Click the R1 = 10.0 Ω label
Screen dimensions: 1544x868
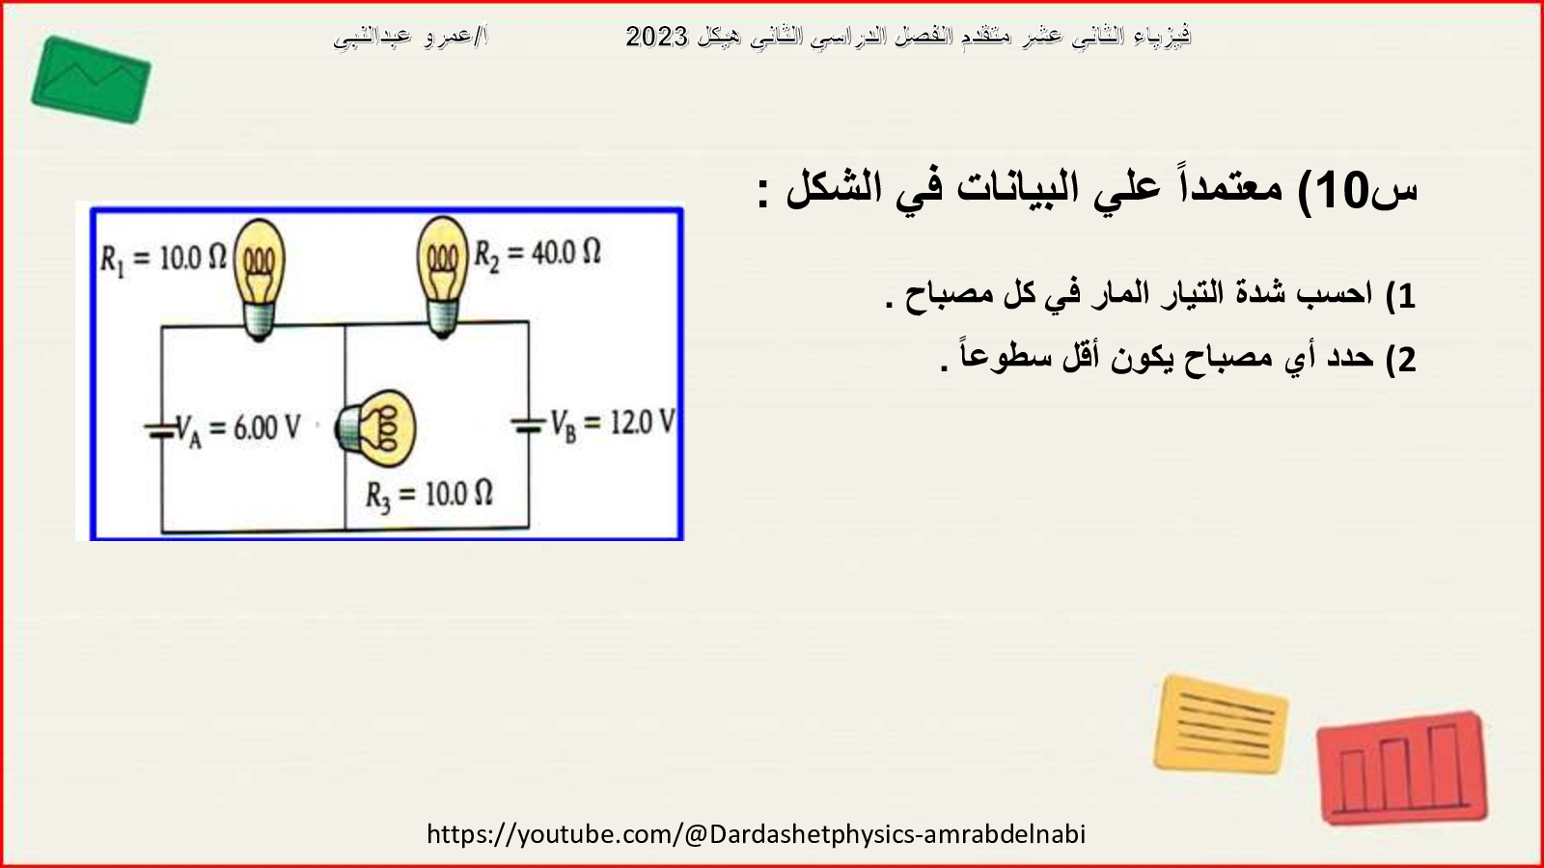click(x=163, y=259)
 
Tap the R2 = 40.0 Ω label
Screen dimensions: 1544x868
click(x=537, y=255)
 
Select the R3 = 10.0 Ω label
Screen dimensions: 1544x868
click(x=428, y=496)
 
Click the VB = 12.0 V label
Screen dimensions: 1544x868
click(x=612, y=424)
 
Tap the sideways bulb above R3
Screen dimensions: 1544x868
click(x=375, y=428)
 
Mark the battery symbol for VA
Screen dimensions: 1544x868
click(x=160, y=430)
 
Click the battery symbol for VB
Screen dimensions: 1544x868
click(x=528, y=425)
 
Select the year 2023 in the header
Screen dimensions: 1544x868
click(x=656, y=38)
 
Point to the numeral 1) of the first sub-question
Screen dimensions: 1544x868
click(x=1400, y=295)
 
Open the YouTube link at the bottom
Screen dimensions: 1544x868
click(x=757, y=834)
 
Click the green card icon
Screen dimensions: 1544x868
click(x=91, y=81)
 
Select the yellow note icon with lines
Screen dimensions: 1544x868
click(x=1221, y=724)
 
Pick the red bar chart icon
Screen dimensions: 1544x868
click(x=1402, y=768)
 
